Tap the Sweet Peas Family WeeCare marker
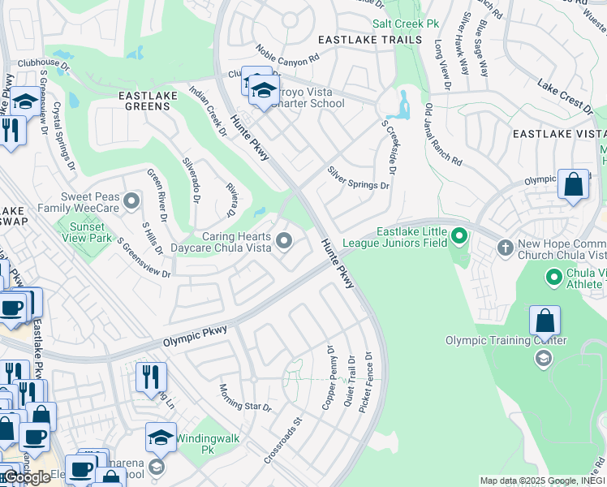point(133,199)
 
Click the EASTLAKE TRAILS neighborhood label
point(370,40)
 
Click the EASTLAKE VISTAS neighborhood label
point(559,133)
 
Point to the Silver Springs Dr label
point(358,179)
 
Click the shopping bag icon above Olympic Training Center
point(545,321)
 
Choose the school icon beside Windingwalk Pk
point(161,437)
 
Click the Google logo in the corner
point(26,477)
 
